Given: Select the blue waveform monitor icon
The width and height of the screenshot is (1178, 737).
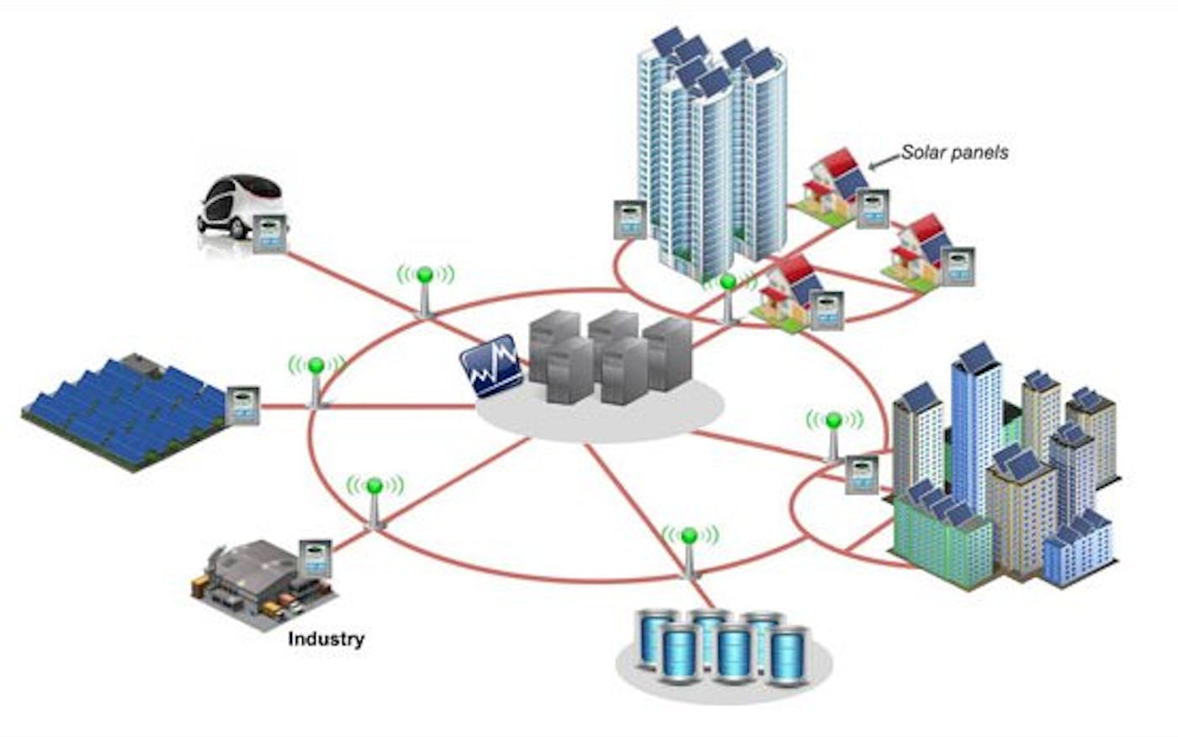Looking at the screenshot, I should click(491, 366).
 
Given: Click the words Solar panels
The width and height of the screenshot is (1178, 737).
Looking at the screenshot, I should click(954, 152).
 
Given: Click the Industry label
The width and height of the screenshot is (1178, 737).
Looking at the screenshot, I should click(326, 638).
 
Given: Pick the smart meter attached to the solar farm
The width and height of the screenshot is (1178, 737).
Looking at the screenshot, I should click(243, 404).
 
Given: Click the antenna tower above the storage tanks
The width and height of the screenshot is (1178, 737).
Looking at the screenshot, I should click(689, 552).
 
